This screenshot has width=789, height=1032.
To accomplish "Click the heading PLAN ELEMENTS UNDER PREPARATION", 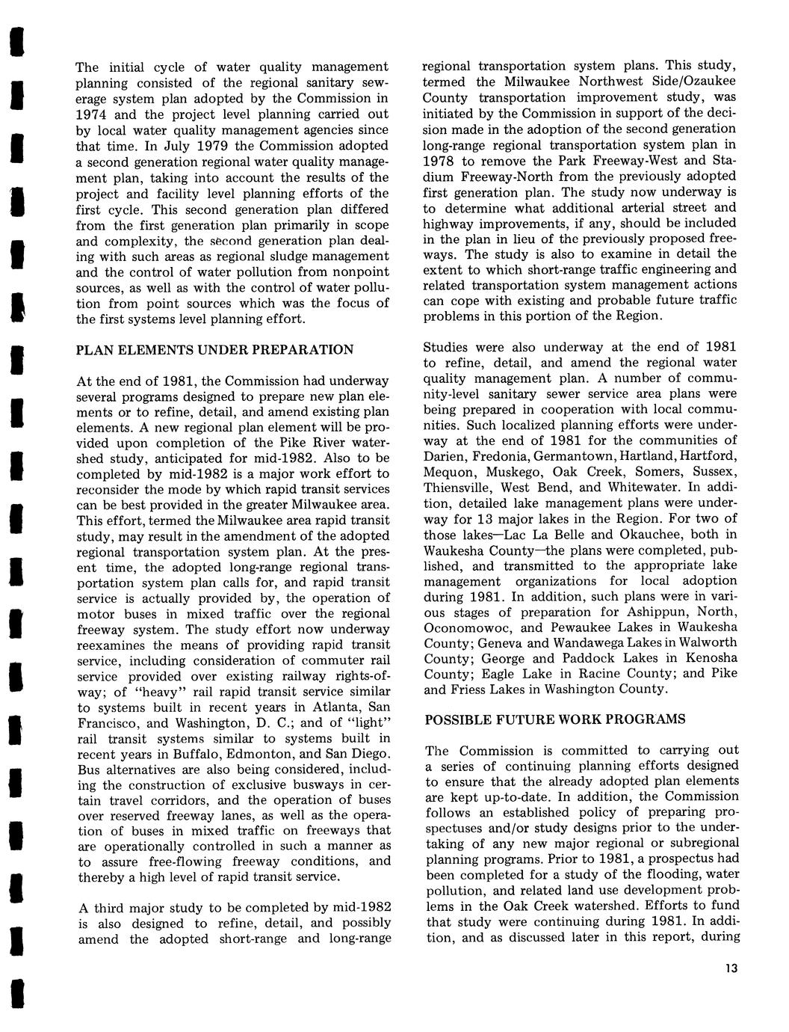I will point(216,350).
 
